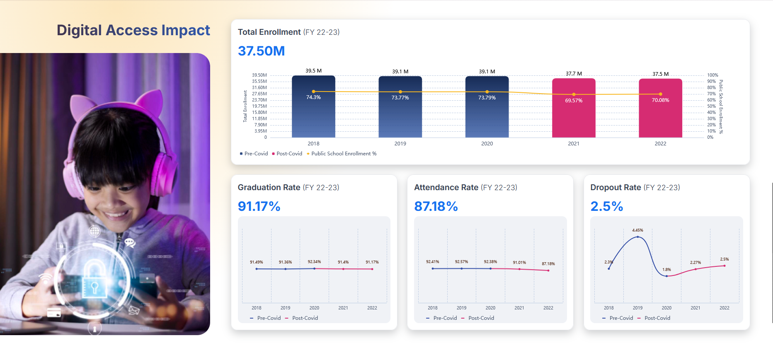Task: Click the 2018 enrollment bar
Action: pos(313,112)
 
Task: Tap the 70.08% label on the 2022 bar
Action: pos(660,100)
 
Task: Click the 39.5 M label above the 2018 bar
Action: pos(313,71)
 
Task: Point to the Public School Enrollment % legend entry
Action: pos(344,154)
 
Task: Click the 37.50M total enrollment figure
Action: pos(261,51)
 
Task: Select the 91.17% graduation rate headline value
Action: pos(259,206)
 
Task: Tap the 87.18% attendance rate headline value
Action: pos(436,206)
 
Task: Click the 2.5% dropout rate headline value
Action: pos(607,206)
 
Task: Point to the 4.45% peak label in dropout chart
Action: pos(637,230)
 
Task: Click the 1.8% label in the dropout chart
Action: pos(666,270)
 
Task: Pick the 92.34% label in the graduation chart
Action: pos(314,262)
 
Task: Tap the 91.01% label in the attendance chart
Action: pos(519,263)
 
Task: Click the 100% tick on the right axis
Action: pos(712,75)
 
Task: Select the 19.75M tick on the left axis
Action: pos(259,106)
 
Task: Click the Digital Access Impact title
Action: pos(133,30)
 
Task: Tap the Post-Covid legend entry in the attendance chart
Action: pos(481,318)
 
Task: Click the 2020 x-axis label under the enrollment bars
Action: pos(487,144)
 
